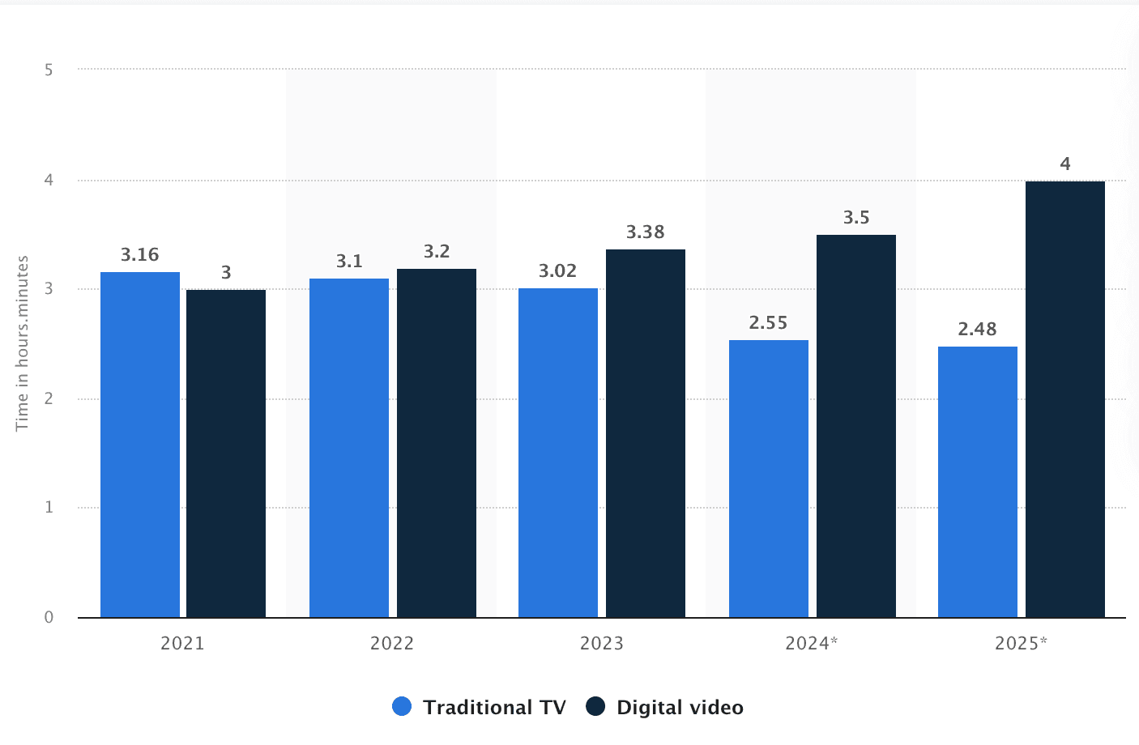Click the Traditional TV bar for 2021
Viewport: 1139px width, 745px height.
coord(140,445)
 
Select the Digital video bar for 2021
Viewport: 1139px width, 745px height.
coord(226,453)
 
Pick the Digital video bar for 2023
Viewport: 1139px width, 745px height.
coord(646,433)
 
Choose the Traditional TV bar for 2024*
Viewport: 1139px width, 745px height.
coord(769,479)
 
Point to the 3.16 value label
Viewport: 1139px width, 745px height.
coord(140,255)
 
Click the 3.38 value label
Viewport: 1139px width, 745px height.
coord(646,232)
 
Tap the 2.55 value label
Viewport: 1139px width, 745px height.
coord(769,323)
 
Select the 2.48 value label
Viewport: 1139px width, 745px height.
coord(978,330)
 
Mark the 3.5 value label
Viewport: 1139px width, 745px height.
coord(856,218)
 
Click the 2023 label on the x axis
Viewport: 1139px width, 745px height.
coord(602,644)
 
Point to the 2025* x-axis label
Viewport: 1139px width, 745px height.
coord(1021,644)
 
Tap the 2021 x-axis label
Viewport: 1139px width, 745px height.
coord(182,644)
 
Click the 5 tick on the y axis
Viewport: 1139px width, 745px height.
coord(49,70)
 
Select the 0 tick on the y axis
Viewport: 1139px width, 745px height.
coord(49,617)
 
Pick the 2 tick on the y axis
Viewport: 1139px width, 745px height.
coord(49,398)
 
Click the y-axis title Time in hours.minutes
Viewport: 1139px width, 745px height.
coord(23,343)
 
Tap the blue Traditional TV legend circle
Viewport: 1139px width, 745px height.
coord(402,707)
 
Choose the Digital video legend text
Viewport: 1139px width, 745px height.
coord(680,708)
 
